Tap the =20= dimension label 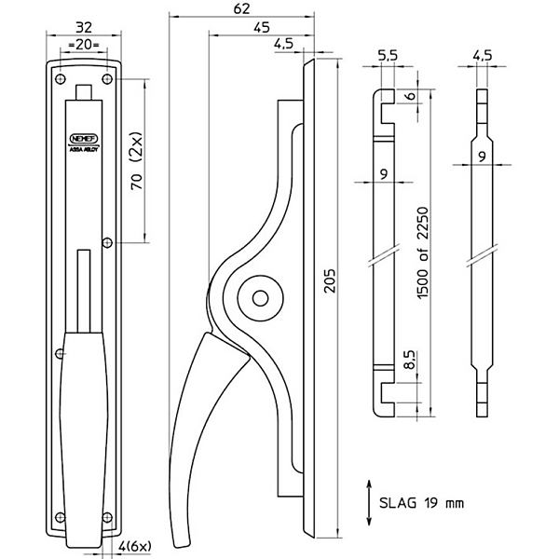tap(85, 45)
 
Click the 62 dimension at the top tap(241, 10)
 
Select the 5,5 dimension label tap(389, 57)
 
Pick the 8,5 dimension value tap(409, 360)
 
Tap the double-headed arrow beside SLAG tap(370, 501)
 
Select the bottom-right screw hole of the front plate tap(109, 518)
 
